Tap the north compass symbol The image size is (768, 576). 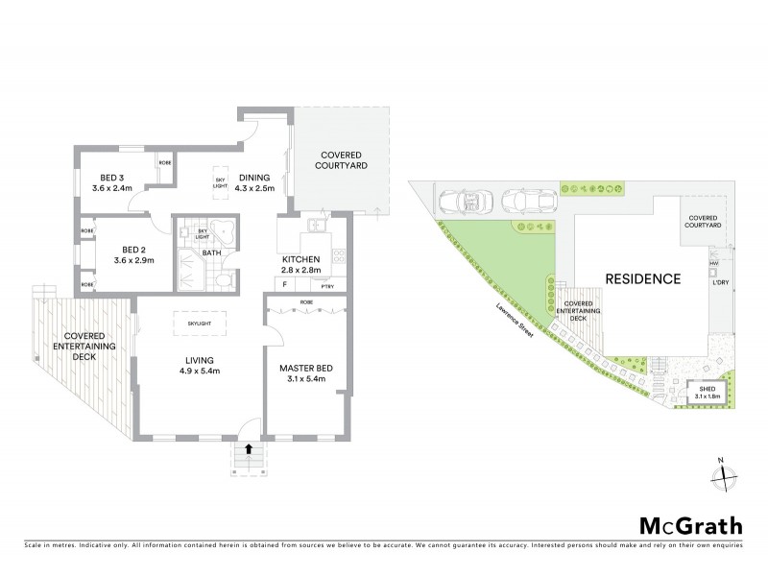point(725,472)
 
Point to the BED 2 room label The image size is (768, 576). point(111,252)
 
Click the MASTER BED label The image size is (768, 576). point(306,374)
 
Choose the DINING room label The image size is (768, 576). point(255,182)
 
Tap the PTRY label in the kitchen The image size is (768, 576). point(327,285)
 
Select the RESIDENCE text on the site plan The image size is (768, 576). point(643,279)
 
